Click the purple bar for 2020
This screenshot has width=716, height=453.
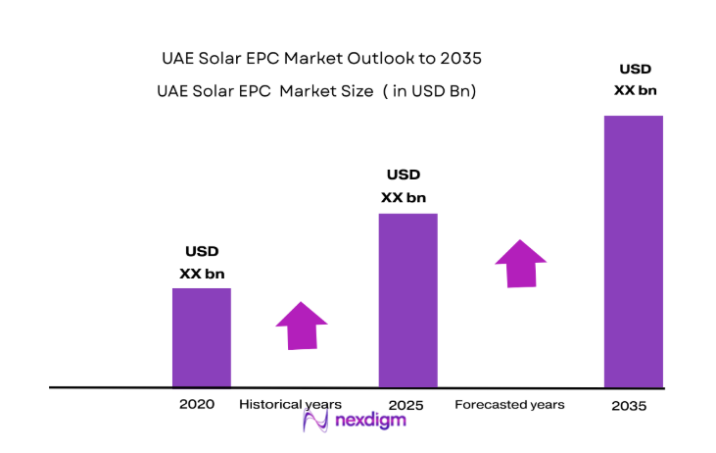202,336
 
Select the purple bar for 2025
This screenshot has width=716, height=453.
407,299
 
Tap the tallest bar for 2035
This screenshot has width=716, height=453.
633,251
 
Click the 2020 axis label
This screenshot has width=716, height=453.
196,404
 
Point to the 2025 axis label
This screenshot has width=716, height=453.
406,404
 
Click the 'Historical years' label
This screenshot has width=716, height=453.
290,404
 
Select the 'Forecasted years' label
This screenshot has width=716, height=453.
509,404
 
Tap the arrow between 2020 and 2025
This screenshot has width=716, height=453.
302,325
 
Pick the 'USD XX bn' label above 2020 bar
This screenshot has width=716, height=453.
202,263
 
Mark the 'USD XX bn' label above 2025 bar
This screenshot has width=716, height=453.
404,186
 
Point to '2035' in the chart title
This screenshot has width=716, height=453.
461,59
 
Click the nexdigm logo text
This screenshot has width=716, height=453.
370,421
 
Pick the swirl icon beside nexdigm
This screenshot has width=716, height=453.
315,422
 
